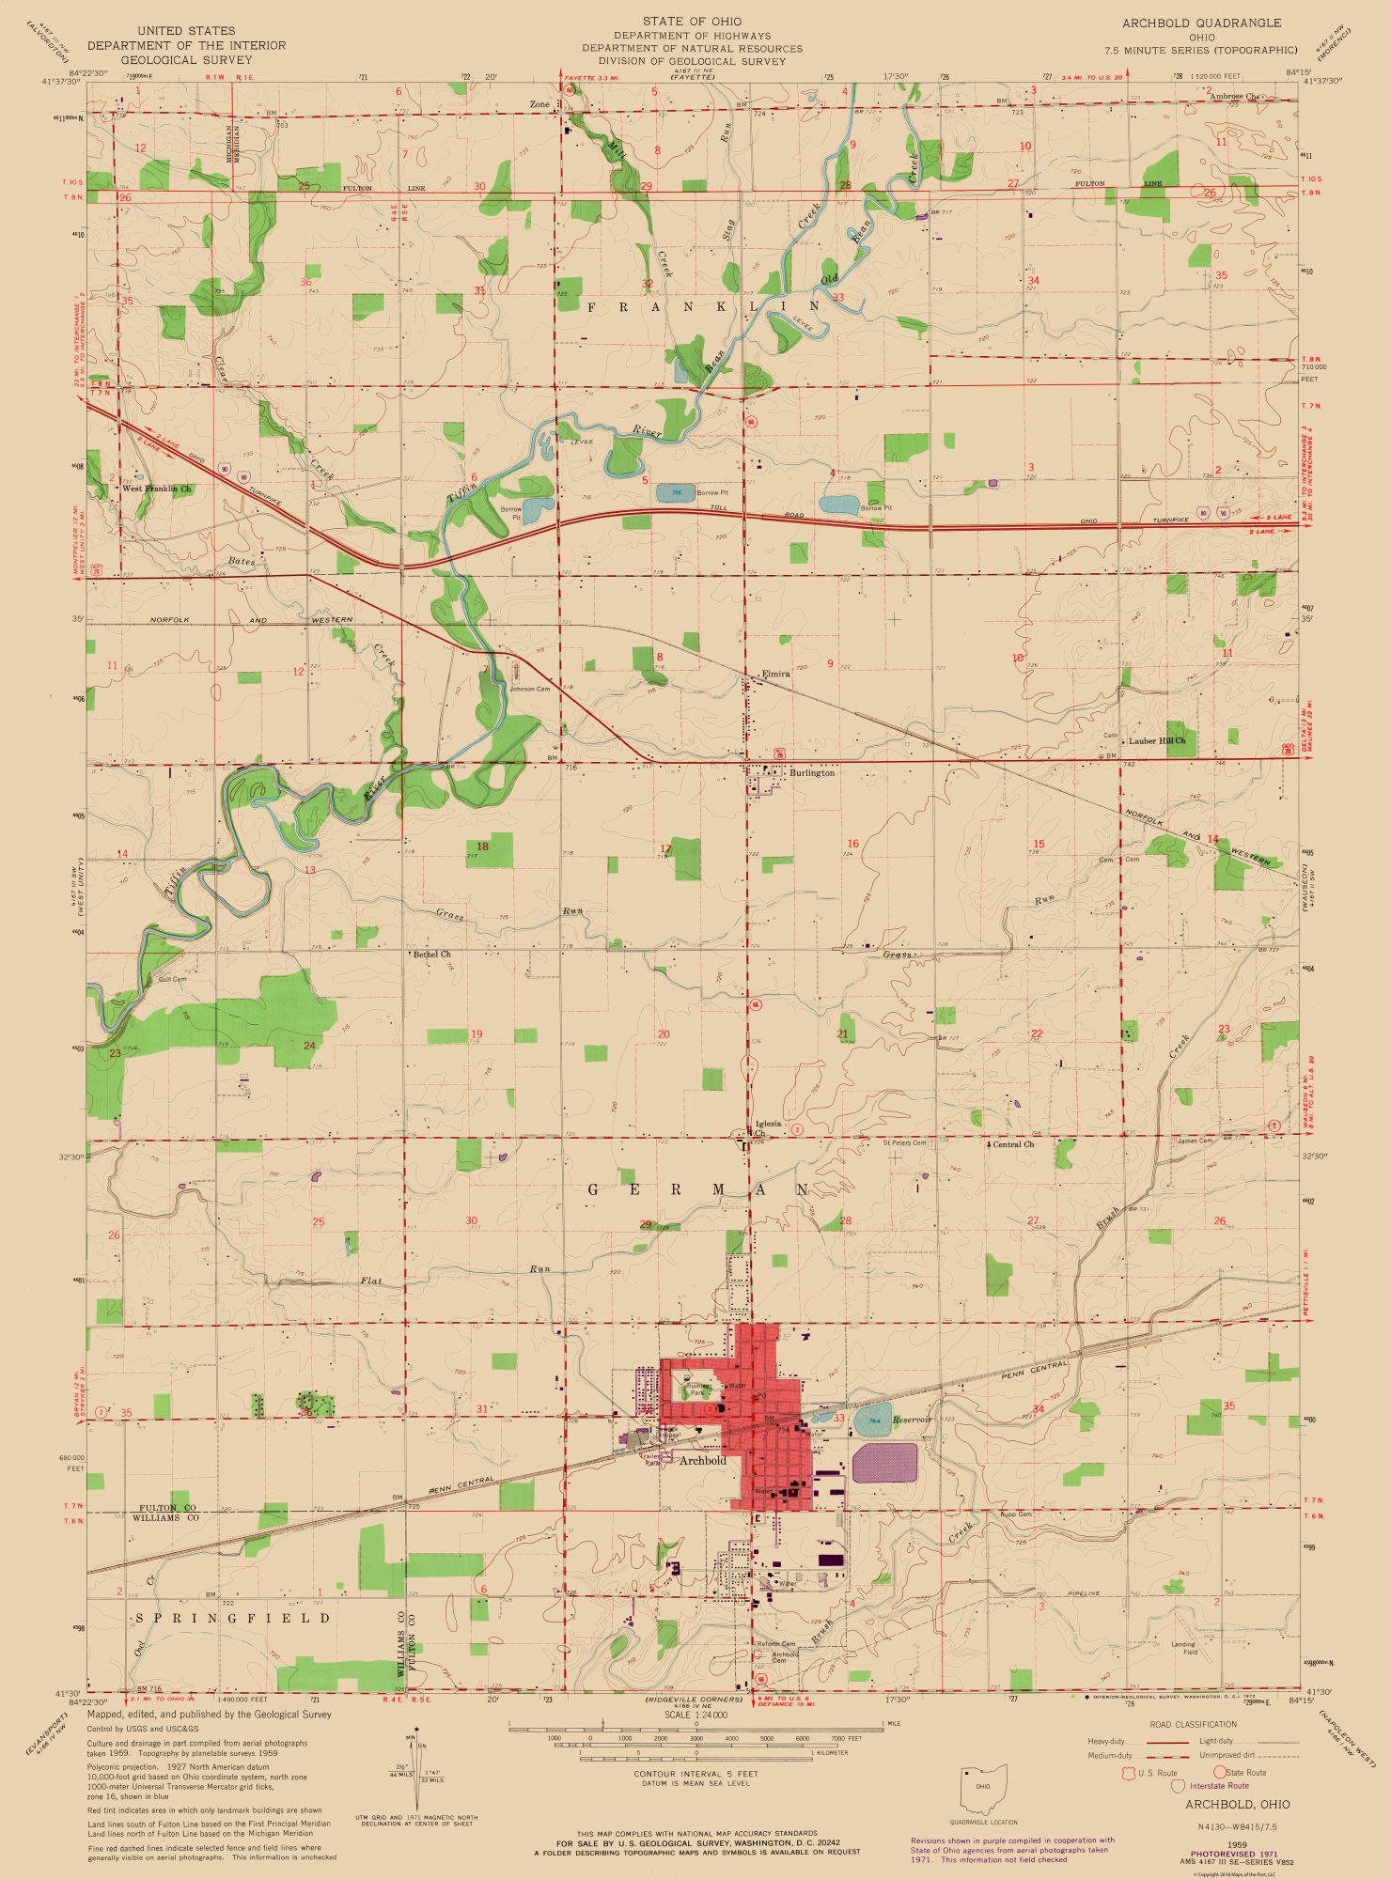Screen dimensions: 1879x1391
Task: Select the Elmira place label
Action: pyautogui.click(x=776, y=674)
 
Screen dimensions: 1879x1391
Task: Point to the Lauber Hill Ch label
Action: pyautogui.click(x=1157, y=740)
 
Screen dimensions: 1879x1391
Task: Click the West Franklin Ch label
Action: pyautogui.click(x=157, y=489)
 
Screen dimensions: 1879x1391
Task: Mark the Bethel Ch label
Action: pyautogui.click(x=432, y=954)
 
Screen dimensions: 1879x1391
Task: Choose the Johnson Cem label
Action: pyautogui.click(x=529, y=689)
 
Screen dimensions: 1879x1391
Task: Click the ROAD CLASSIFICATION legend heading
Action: pyautogui.click(x=1193, y=1725)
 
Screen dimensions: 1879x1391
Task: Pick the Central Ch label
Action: pyautogui.click(x=1013, y=1144)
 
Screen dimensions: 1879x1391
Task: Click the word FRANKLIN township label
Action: pyautogui.click(x=704, y=306)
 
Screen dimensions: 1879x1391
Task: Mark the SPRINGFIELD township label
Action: pyautogui.click(x=234, y=1618)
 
